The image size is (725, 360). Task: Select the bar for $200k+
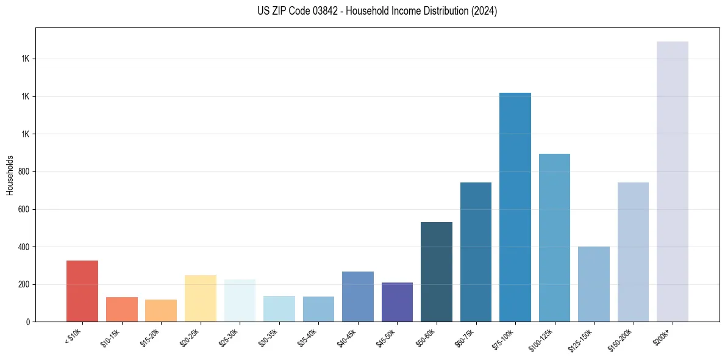pos(672,181)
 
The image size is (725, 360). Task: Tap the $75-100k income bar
pos(515,207)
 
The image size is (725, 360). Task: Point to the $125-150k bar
pos(593,284)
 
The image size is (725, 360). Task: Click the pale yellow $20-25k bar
pos(200,298)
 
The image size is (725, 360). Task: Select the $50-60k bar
pos(437,272)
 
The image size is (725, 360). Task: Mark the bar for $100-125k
pos(554,237)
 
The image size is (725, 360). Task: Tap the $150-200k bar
pos(633,252)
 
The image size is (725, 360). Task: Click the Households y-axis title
pos(10,175)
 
